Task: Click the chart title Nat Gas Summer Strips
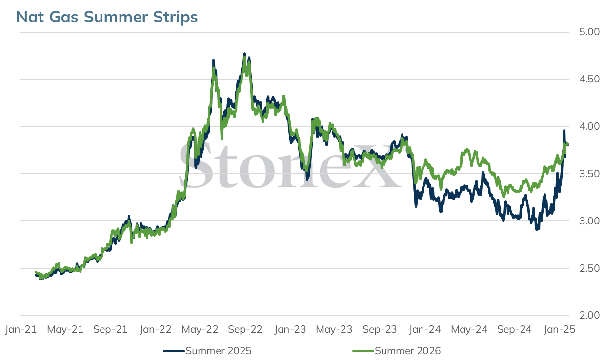click(107, 17)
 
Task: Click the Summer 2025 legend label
click(219, 351)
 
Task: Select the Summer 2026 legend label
click(408, 351)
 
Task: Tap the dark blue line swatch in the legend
click(174, 351)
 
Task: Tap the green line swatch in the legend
click(363, 351)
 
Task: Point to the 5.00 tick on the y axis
click(589, 32)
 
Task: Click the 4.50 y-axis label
click(589, 80)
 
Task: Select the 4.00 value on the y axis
click(589, 126)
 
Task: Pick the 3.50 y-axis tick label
click(589, 174)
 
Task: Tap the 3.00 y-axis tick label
click(589, 221)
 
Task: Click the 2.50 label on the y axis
click(589, 268)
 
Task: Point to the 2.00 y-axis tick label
click(589, 316)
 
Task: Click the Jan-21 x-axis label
click(21, 329)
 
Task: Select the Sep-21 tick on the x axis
click(110, 329)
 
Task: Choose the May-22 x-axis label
click(200, 329)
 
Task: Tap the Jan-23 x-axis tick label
click(290, 329)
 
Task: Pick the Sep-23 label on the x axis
click(380, 329)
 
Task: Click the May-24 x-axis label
click(469, 329)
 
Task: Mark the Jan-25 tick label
click(560, 329)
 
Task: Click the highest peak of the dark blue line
click(244, 54)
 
